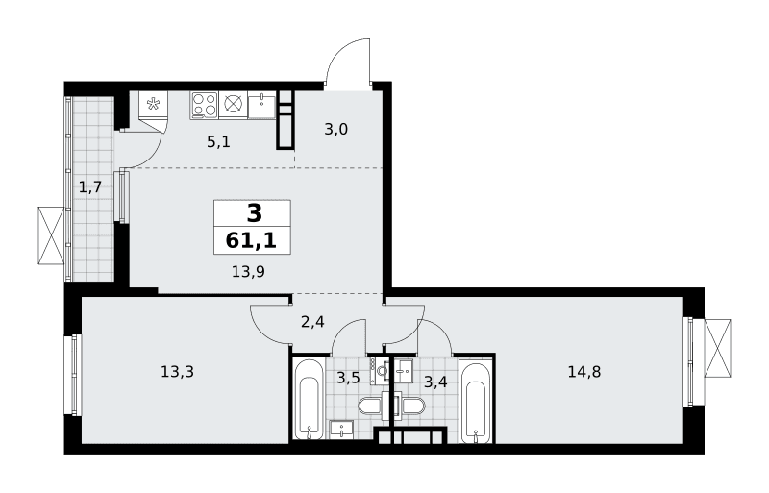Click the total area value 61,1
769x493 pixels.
(251, 241)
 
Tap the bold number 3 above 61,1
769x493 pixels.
(255, 214)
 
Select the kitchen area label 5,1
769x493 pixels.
(218, 142)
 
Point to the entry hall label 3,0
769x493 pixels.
(335, 129)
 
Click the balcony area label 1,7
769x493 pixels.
(90, 186)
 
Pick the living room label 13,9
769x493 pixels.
(248, 271)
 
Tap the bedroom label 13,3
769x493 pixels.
(177, 372)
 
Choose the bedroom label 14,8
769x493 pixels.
(584, 372)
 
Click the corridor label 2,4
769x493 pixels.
(312, 322)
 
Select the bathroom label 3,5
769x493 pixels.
(348, 379)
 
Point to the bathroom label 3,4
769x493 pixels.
(435, 382)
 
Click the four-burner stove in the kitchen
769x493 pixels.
(204, 105)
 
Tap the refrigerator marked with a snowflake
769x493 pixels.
(154, 105)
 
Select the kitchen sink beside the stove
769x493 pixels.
(262, 105)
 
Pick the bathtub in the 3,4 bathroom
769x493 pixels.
(475, 403)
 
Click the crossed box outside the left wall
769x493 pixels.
(51, 235)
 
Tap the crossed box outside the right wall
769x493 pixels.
(717, 348)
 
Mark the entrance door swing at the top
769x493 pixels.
(348, 62)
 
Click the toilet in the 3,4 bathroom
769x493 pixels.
(411, 407)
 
